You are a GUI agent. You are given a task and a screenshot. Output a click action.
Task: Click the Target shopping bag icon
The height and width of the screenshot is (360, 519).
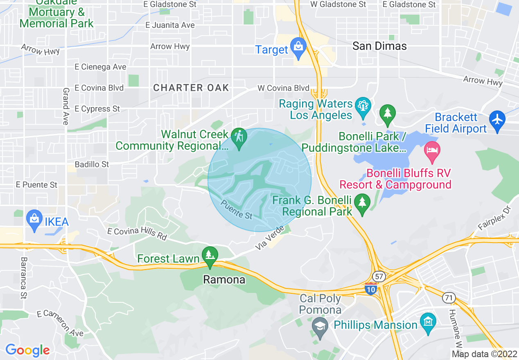298,47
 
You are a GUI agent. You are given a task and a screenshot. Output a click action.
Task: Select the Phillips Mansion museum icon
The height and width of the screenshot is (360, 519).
428,320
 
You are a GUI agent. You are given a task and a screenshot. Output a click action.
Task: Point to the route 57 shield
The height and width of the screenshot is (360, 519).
379,277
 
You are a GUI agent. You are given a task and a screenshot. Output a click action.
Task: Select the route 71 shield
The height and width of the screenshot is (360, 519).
449,298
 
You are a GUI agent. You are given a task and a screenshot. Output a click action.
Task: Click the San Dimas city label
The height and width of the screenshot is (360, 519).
379,46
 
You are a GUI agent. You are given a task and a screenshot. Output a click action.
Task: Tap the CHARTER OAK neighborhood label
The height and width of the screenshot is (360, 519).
191,88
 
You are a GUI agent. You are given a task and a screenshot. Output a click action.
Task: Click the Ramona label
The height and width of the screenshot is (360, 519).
224,280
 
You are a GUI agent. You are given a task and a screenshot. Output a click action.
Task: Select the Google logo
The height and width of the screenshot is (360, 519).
27,350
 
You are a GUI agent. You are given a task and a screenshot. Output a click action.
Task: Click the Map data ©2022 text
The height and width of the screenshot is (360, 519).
484,354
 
